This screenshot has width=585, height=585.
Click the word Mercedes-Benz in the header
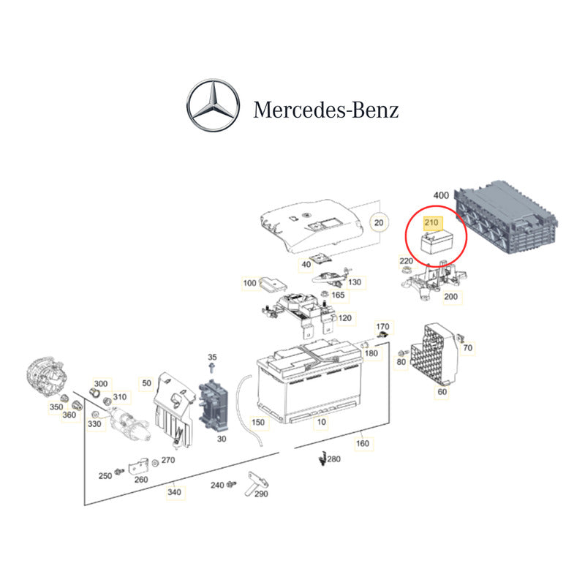326,110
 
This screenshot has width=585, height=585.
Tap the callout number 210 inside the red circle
431,223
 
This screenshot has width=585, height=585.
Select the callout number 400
441,195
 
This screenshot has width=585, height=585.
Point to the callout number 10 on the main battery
320,423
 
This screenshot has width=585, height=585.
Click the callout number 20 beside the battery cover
378,222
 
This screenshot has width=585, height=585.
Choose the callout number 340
174,492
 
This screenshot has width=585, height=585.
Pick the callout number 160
363,442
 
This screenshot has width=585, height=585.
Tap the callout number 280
333,459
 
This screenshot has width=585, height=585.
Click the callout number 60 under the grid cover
442,392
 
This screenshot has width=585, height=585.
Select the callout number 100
250,282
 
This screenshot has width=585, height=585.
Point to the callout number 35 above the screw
213,356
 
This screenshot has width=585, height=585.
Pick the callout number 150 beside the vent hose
257,422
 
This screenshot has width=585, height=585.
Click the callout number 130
355,282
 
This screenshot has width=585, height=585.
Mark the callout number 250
105,476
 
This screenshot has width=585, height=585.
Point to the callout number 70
467,347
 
